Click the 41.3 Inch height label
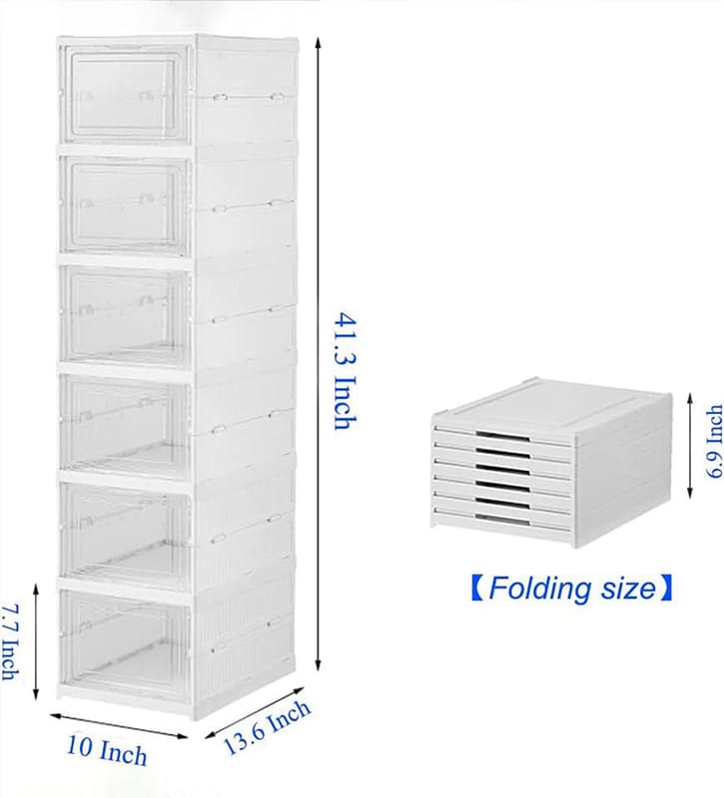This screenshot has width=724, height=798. tap(345, 371)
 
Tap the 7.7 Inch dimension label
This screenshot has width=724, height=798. tap(10, 642)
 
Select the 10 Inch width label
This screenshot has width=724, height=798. tap(107, 750)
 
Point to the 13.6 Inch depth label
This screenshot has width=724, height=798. tap(267, 727)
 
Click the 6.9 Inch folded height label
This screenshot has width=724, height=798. tap(714, 441)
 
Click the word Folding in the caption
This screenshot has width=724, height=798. tap(539, 589)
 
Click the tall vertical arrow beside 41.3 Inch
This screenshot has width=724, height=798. tap(319, 354)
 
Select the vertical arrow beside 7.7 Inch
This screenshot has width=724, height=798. tap(36, 641)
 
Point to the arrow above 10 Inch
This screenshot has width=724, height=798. tap(119, 726)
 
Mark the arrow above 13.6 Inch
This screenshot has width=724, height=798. tap(255, 712)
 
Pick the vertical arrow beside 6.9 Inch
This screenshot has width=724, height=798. tap(690, 445)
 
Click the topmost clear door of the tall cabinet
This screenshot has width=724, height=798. tap(124, 94)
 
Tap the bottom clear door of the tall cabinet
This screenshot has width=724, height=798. tap(124, 642)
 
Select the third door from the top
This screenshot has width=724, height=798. tap(124, 316)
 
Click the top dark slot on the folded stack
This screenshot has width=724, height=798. tap(503, 436)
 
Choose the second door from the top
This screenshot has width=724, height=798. tap(124, 204)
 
